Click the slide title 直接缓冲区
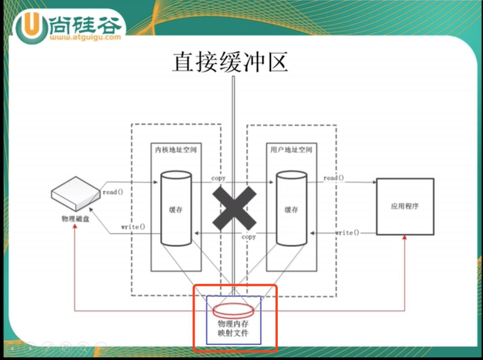230,62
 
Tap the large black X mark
234,208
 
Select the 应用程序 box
405,206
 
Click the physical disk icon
76,193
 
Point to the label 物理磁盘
75,219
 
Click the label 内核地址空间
176,150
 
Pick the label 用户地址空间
291,150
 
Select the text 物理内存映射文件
233,328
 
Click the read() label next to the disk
113,192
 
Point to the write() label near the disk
133,227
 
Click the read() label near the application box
334,178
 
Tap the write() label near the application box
347,232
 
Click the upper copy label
218,178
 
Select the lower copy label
249,237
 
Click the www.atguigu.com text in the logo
85,37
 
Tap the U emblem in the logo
31,26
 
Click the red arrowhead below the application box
405,237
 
